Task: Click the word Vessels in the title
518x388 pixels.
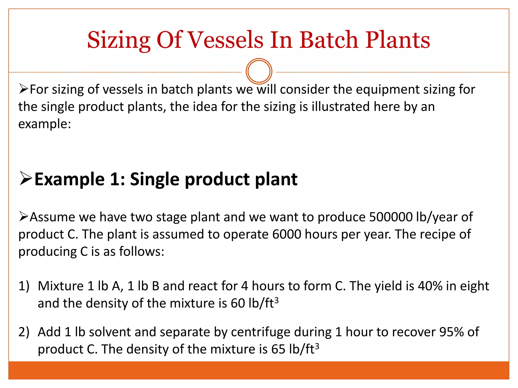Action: pos(226,40)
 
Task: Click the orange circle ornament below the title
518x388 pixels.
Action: pos(259,71)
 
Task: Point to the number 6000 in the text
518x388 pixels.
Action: pos(287,234)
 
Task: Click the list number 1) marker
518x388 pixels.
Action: pos(24,286)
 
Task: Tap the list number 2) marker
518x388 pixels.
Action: pos(24,332)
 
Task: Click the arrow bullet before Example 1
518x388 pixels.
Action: pos(26,178)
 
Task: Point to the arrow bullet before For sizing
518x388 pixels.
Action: pos(24,89)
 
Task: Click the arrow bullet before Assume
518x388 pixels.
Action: pos(24,216)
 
